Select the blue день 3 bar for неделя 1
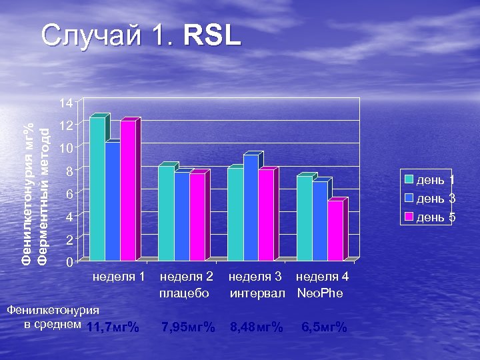[113, 200]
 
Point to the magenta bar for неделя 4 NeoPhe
[335, 229]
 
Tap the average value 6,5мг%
[324, 327]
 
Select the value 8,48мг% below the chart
[256, 327]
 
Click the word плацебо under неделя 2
[185, 293]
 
